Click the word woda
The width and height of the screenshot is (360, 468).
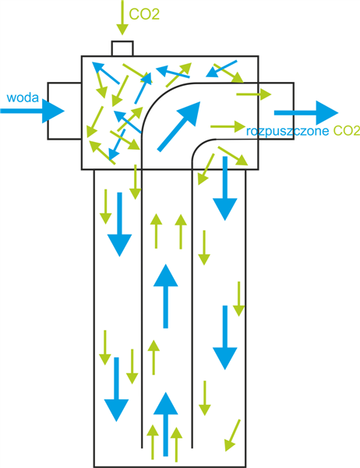[23, 97]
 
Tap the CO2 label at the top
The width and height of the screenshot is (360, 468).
[144, 14]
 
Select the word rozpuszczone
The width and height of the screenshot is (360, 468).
[288, 131]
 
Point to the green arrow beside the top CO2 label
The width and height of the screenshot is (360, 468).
[122, 17]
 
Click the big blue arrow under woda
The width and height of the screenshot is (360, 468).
[32, 111]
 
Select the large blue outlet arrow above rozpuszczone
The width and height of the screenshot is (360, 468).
[306, 113]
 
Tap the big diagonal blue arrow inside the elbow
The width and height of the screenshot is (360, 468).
[178, 126]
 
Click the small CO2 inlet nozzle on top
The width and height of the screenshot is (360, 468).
[122, 48]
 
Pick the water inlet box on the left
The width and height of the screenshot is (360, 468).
[65, 111]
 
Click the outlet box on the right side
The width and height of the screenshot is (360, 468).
[276, 111]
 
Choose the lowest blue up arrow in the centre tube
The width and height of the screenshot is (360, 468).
[165, 424]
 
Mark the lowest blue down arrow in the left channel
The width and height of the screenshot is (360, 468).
[116, 389]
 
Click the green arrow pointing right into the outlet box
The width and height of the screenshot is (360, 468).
[254, 94]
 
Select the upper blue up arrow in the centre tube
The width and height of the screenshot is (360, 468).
[165, 296]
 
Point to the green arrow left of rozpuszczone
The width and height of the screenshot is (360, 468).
[228, 126]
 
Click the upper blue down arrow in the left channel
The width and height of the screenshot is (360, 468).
[119, 225]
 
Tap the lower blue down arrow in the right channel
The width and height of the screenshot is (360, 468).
[225, 338]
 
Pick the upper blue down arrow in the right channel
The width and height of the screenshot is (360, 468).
[225, 189]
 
